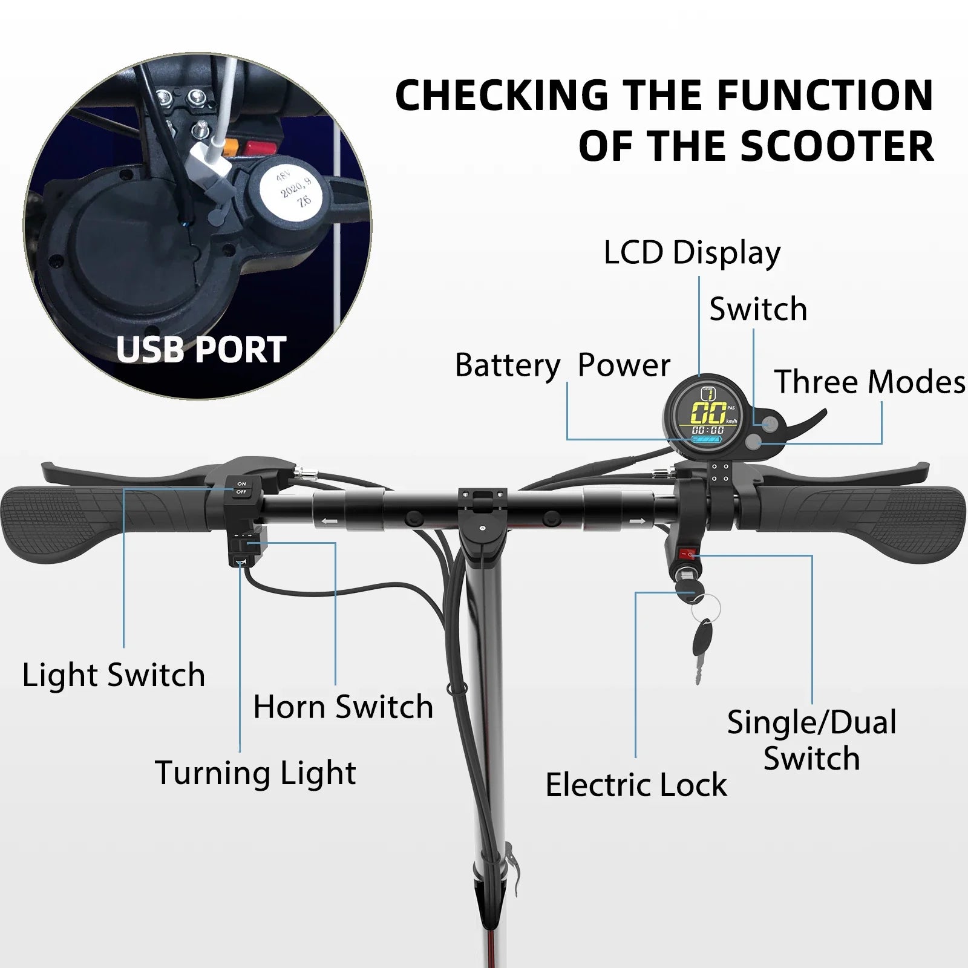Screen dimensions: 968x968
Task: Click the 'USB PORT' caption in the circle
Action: tap(201, 350)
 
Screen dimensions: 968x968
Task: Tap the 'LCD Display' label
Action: tap(692, 253)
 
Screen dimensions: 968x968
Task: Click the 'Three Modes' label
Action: tap(869, 382)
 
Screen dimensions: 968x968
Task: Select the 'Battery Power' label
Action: tap(563, 365)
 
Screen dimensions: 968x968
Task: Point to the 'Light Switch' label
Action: tap(114, 675)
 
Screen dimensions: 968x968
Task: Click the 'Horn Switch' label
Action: tap(343, 707)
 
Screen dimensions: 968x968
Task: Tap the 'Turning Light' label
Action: tap(255, 773)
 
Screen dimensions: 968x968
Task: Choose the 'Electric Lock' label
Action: tap(636, 785)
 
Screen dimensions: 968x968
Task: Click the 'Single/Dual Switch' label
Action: tap(812, 741)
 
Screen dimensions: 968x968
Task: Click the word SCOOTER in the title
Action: tap(837, 147)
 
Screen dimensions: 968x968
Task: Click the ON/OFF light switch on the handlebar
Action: tap(241, 488)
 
